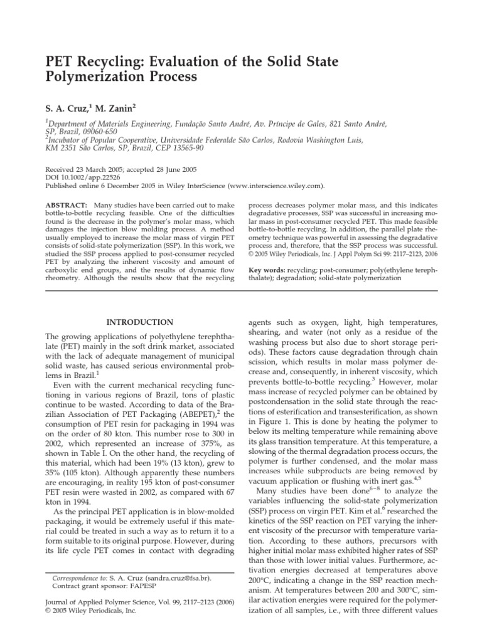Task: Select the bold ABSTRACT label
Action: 67,206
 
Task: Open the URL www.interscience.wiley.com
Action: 276,186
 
